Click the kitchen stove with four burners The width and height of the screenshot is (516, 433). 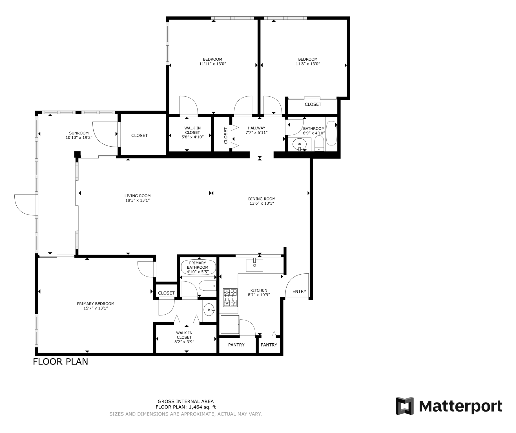click(230, 297)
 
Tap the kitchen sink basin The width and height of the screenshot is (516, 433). click(254, 266)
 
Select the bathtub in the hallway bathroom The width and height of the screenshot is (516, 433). click(331, 133)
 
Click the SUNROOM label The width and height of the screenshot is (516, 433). click(79, 133)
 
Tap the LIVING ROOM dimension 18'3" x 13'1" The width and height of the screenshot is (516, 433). click(138, 200)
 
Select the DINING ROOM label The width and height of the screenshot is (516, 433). click(262, 199)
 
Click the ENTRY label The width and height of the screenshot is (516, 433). click(299, 291)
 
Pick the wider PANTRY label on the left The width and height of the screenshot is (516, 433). click(236, 345)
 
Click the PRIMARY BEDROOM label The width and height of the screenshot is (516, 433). click(96, 304)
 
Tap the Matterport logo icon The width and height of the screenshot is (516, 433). click(404, 406)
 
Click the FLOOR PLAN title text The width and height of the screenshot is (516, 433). click(60, 362)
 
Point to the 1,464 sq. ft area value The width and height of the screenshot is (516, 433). click(202, 407)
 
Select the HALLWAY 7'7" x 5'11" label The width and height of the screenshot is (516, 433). click(256, 130)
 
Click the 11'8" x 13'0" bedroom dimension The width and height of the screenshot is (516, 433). click(308, 64)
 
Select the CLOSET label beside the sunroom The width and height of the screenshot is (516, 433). click(139, 136)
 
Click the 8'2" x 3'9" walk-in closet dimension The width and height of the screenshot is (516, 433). click(184, 342)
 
